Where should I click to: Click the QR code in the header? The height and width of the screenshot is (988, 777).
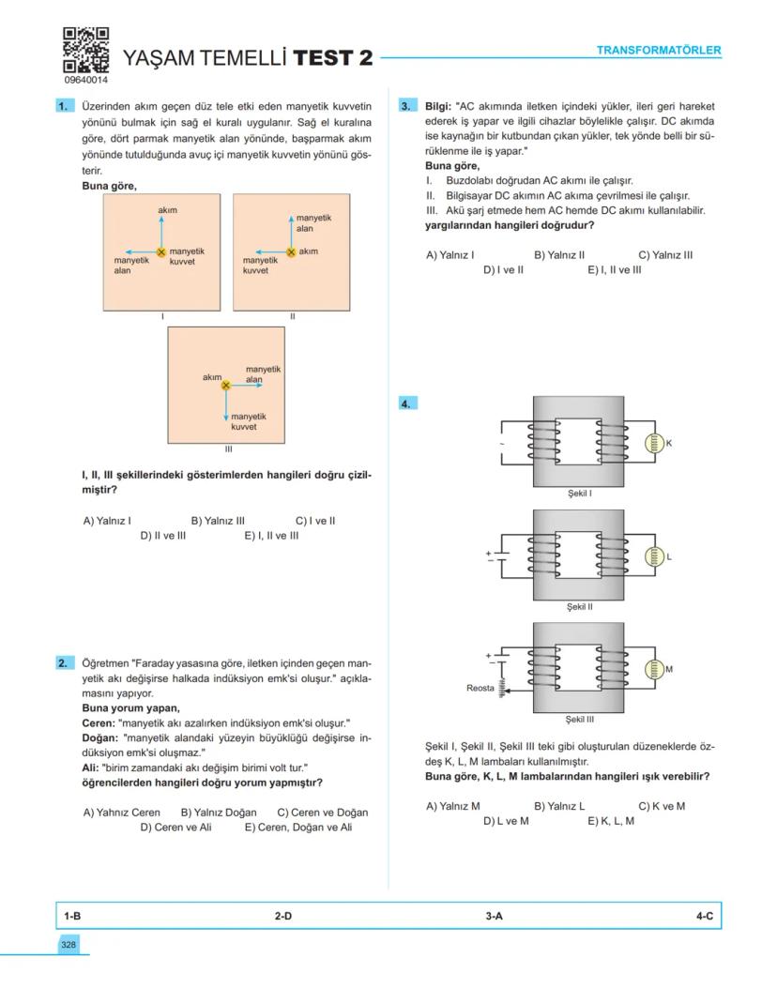point(85,51)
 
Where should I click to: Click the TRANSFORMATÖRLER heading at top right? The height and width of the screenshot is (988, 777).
point(659,50)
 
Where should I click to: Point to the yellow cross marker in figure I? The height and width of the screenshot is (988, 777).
point(161,252)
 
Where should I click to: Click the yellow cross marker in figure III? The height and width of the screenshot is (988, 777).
point(225,385)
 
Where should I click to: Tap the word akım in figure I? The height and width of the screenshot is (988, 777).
point(168,209)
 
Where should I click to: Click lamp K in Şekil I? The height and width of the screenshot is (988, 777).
point(654,444)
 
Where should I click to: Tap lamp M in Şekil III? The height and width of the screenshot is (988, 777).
point(654,670)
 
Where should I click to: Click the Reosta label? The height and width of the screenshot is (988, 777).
point(480,689)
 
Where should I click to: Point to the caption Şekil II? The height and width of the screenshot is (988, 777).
point(580,607)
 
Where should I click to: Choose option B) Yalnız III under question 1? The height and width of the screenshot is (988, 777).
point(218,520)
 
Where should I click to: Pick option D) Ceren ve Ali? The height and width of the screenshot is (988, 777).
point(175,828)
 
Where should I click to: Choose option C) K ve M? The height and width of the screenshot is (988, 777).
point(661,805)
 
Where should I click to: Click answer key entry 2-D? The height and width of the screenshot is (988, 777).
point(283,915)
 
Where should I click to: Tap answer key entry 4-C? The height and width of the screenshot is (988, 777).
point(704,915)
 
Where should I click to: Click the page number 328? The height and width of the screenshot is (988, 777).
point(69,944)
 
